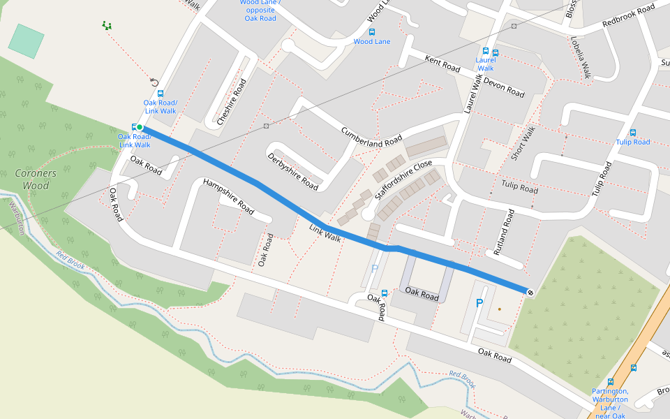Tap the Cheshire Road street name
[x=232, y=101]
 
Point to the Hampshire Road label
[x=228, y=196]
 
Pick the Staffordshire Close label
[x=404, y=180]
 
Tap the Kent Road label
[x=442, y=64]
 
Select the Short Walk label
[x=523, y=143]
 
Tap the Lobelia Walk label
[x=581, y=57]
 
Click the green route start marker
[x=140, y=127]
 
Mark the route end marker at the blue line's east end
[x=530, y=291]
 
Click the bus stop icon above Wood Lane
[x=371, y=31]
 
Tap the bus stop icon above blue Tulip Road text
[x=633, y=132]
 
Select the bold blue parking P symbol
[x=479, y=303]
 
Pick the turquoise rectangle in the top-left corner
[x=26, y=41]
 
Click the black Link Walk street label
[x=325, y=234]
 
